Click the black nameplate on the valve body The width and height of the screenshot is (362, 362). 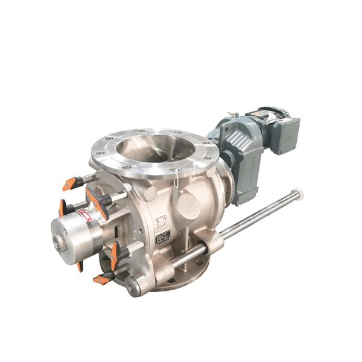(163, 237)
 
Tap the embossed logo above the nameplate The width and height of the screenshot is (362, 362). (161, 220)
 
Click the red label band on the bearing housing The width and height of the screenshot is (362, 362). (86, 215)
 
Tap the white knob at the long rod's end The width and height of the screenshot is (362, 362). (297, 194)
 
